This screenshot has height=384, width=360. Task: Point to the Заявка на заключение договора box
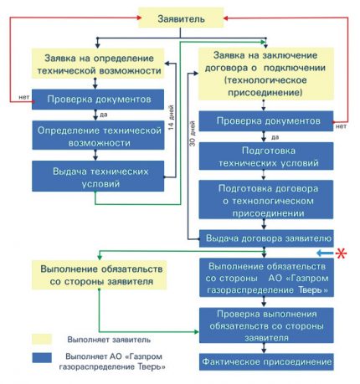tap(266, 78)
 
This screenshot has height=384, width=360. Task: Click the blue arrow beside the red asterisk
tap(325, 252)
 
